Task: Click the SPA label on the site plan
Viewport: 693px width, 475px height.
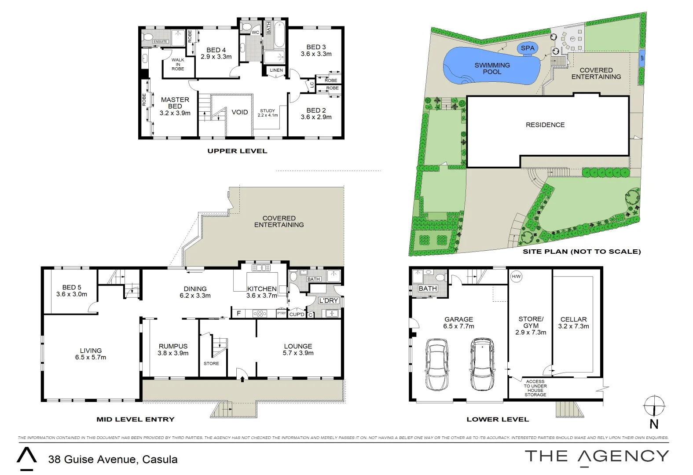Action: point(527,48)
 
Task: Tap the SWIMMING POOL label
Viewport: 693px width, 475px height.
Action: point(492,68)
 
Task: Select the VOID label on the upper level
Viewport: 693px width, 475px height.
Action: point(240,112)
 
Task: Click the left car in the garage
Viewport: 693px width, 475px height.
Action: point(437,364)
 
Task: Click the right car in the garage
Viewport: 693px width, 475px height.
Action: point(482,364)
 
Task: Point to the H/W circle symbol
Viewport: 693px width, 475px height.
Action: point(516,277)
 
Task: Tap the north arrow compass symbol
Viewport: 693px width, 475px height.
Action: point(654,406)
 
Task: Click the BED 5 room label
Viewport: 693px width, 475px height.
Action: point(72,291)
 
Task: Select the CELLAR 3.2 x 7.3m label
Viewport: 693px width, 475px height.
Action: point(573,322)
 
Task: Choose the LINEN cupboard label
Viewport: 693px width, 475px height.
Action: point(276,70)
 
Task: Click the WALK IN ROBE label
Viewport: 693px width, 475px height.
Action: point(178,64)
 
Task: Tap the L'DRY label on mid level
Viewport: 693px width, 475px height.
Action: point(328,300)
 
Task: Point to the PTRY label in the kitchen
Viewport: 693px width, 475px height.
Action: point(281,313)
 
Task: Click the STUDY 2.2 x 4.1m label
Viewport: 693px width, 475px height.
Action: point(268,113)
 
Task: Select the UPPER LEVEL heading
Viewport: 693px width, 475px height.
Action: point(237,151)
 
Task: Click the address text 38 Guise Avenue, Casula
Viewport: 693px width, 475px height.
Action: point(113,459)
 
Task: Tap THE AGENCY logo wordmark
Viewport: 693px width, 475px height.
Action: point(597,457)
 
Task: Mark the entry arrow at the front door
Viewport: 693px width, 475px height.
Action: point(242,379)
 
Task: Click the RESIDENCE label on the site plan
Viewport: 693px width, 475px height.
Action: point(545,125)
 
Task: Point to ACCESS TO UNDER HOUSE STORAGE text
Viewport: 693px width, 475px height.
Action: point(535,388)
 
